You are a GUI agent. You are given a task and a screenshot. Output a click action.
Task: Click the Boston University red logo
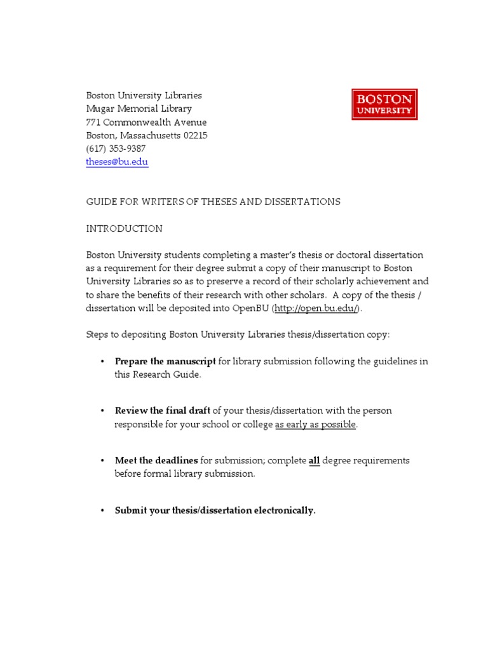pyautogui.click(x=384, y=105)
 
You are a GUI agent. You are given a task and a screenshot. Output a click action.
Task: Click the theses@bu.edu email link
pyautogui.click(x=117, y=162)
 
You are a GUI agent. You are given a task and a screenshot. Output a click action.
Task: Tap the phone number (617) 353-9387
pyautogui.click(x=116, y=149)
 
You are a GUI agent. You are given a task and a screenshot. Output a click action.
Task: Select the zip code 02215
pyautogui.click(x=195, y=135)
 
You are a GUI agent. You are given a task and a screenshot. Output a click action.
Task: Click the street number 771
pyautogui.click(x=93, y=122)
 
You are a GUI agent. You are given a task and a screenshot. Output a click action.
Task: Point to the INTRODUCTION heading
pyautogui.click(x=125, y=229)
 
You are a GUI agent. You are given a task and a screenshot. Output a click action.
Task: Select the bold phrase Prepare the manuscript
pyautogui.click(x=165, y=361)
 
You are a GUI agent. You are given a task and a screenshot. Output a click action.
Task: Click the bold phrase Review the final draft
pyautogui.click(x=162, y=411)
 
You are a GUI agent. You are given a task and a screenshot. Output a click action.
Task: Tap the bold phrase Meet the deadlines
pyautogui.click(x=156, y=460)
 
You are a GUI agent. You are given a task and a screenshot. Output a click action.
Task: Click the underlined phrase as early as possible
pyautogui.click(x=316, y=424)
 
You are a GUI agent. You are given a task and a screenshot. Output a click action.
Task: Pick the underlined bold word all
pyautogui.click(x=314, y=460)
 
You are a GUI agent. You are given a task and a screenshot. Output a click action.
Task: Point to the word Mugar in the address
pyautogui.click(x=99, y=109)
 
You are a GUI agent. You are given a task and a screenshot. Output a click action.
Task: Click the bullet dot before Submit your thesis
pyautogui.click(x=102, y=510)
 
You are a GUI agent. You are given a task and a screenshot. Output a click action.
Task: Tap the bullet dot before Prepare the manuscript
pyautogui.click(x=102, y=361)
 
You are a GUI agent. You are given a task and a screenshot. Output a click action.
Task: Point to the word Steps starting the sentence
pyautogui.click(x=98, y=335)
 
